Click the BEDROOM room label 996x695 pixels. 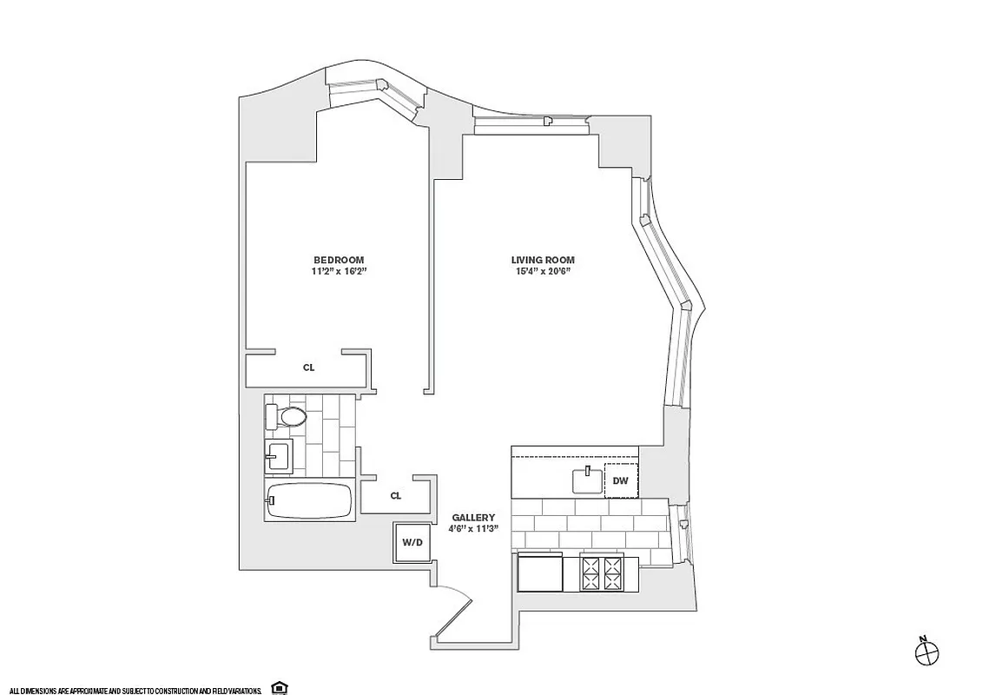point(339,260)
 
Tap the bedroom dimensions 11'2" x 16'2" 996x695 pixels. point(339,271)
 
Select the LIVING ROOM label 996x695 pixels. point(542,260)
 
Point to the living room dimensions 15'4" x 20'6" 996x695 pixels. point(542,271)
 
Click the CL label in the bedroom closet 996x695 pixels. point(308,367)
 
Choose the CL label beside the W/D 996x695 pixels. point(395,496)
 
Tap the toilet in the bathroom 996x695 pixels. point(287,417)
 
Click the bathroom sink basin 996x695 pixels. point(278,454)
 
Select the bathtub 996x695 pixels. point(309,501)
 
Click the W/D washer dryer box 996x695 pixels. point(412,543)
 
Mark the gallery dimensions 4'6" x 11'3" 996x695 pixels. point(472,528)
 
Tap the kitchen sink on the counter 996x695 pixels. point(588,480)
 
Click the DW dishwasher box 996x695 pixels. point(620,480)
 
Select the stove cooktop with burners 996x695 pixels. point(601,574)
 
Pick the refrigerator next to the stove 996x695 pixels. point(539,574)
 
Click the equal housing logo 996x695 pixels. point(279,687)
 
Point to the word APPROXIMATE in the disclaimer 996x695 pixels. point(89,689)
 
